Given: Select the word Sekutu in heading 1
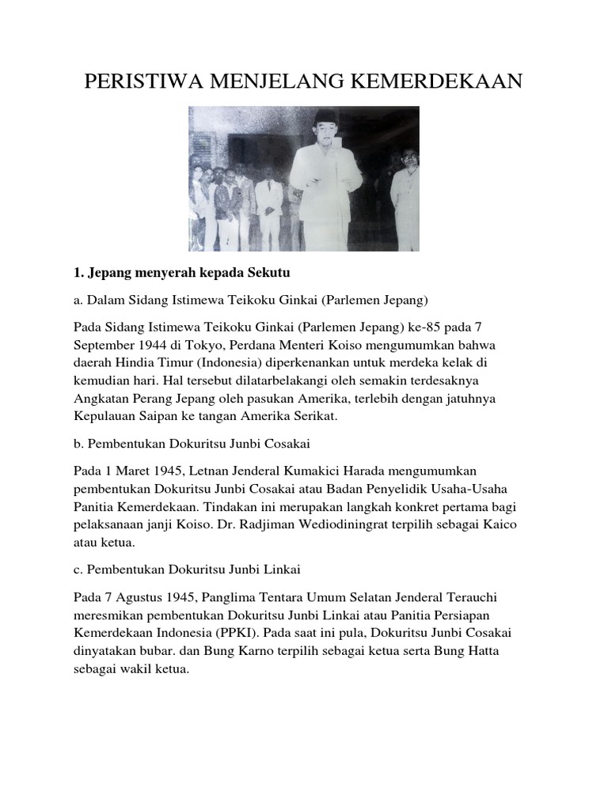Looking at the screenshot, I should [269, 273].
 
